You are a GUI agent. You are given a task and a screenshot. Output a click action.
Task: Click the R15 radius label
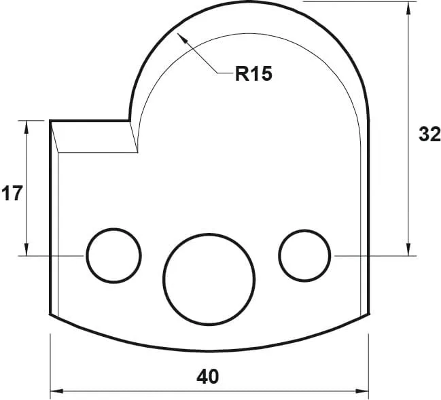click(253, 74)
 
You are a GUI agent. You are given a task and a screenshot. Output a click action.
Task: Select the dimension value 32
click(429, 134)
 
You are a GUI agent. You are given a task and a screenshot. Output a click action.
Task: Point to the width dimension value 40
click(209, 376)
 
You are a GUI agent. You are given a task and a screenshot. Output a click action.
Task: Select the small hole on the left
click(113, 255)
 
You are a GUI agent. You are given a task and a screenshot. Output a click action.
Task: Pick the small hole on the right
click(304, 255)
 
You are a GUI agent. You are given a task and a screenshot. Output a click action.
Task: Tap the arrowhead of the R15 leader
click(179, 36)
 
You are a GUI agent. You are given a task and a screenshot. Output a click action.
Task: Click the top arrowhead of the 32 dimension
click(408, 7)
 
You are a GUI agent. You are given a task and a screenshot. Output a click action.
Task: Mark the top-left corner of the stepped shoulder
click(51, 121)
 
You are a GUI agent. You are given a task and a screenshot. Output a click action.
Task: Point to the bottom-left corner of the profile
click(51, 315)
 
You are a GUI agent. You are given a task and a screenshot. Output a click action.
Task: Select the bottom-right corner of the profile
click(368, 315)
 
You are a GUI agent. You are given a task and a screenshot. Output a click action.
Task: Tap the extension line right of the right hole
click(374, 256)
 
